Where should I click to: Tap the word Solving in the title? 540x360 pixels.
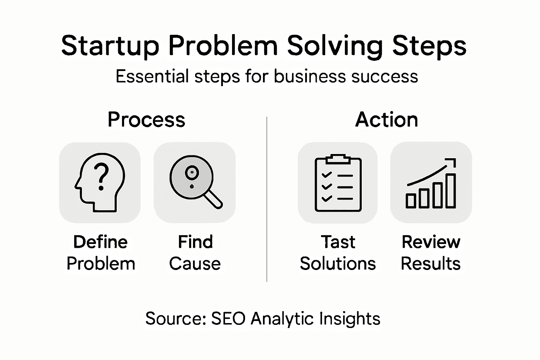334,46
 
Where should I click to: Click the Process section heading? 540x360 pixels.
146,120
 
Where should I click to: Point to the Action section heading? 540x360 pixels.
386,120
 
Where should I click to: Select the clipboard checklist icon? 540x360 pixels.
338,183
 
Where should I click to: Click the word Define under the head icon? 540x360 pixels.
101,242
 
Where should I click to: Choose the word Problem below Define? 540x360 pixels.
101,264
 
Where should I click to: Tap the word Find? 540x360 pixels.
195,242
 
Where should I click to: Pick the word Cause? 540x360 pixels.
195,264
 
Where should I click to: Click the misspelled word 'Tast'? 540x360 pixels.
338,242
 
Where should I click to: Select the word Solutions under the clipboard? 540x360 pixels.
338,264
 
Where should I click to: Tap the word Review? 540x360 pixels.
431,242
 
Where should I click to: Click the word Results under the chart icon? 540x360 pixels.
431,264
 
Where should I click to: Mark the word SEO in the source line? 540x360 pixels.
228,319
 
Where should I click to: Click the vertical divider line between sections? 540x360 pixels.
267,199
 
